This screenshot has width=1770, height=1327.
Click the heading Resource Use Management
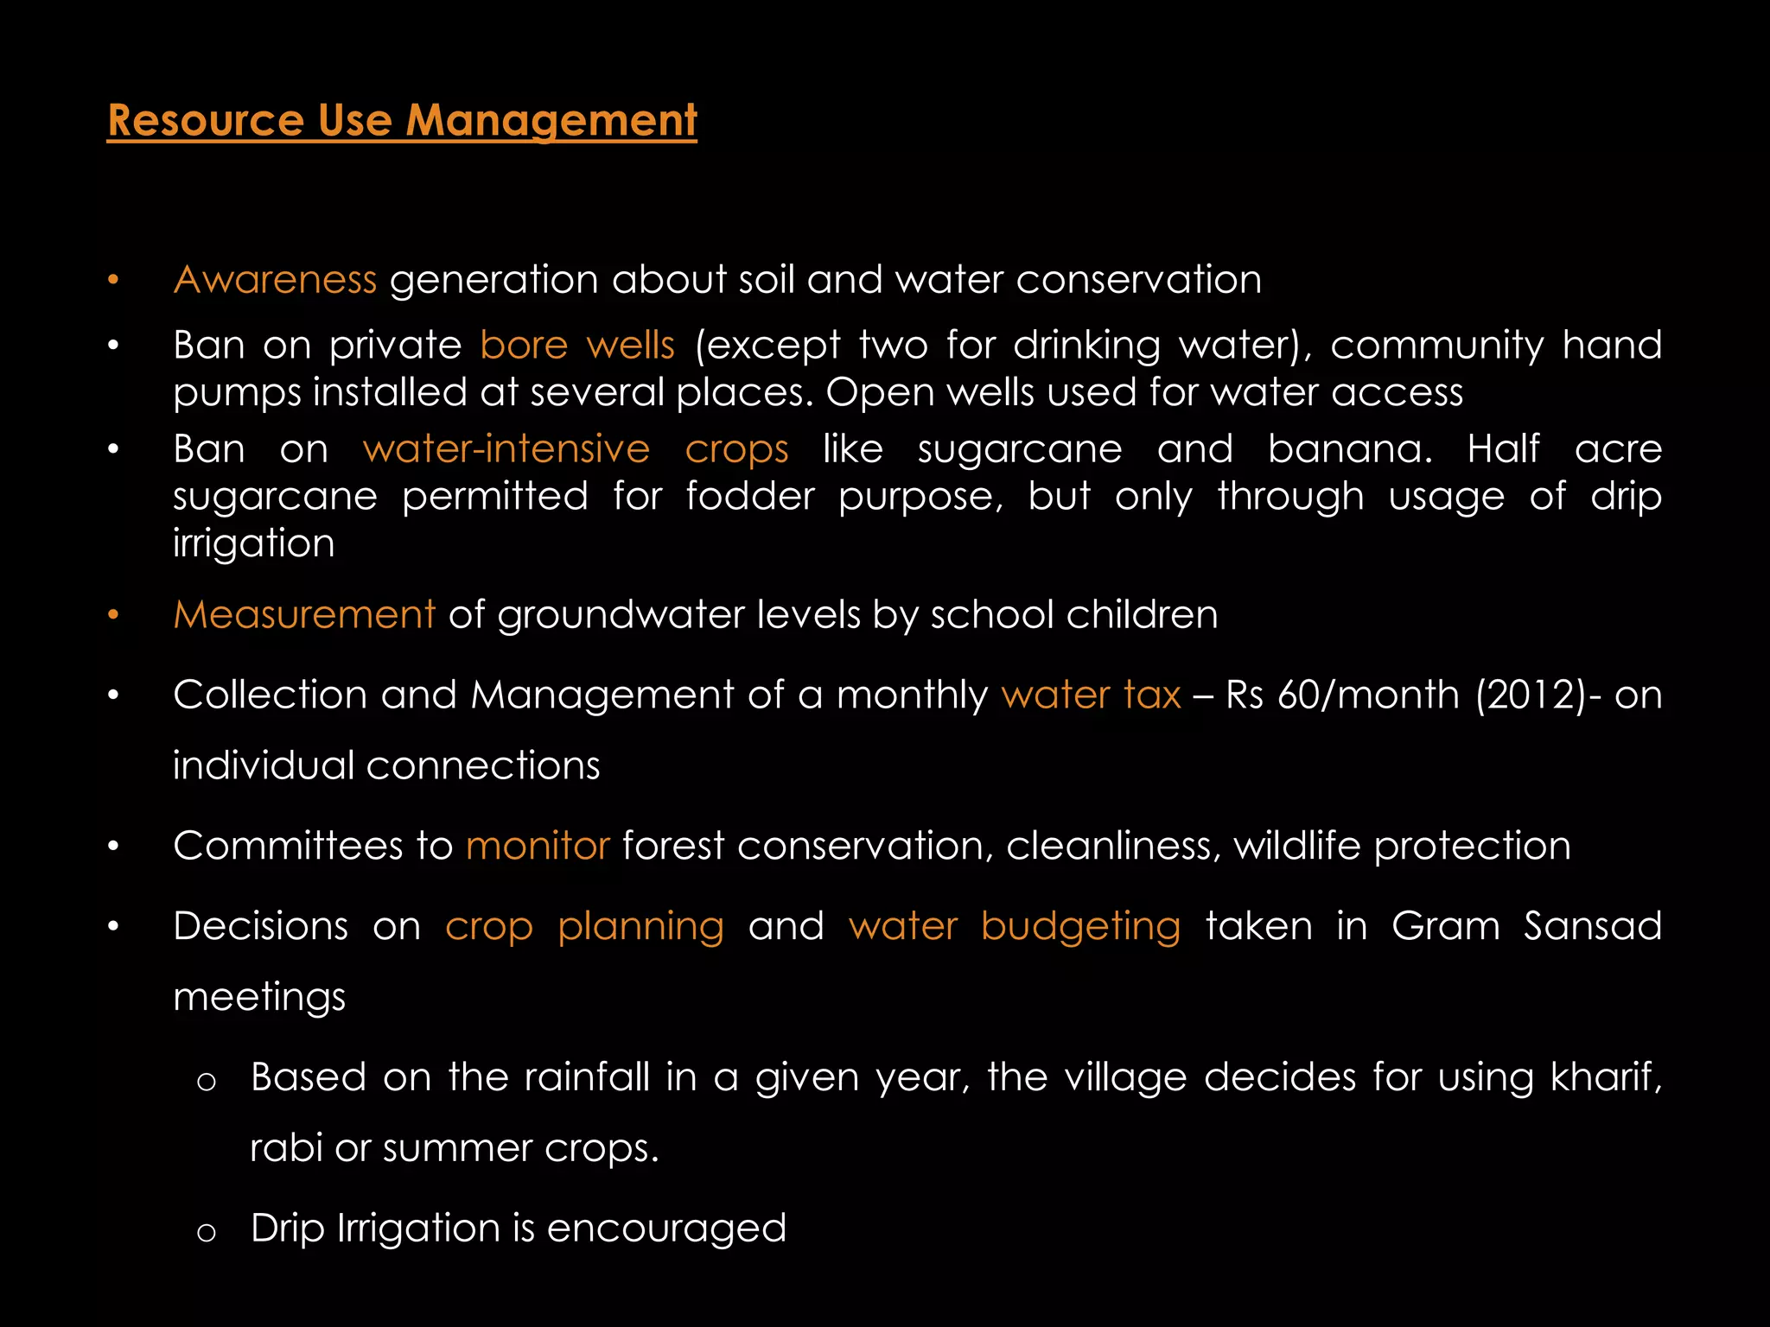[402, 120]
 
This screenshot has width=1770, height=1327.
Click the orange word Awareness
[275, 280]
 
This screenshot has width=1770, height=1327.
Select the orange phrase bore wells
[576, 346]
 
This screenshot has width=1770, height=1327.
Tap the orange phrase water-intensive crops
[576, 449]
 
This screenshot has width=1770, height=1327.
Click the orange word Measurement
[304, 615]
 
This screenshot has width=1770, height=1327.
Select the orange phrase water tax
[1091, 695]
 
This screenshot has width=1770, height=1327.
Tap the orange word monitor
[538, 846]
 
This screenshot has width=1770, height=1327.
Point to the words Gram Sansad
[1526, 926]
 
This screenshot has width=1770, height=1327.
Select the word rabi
[285, 1148]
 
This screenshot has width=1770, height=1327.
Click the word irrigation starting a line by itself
[253, 543]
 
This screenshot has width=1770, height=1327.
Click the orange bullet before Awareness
[112, 280]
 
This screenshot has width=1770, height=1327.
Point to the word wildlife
[1297, 846]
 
